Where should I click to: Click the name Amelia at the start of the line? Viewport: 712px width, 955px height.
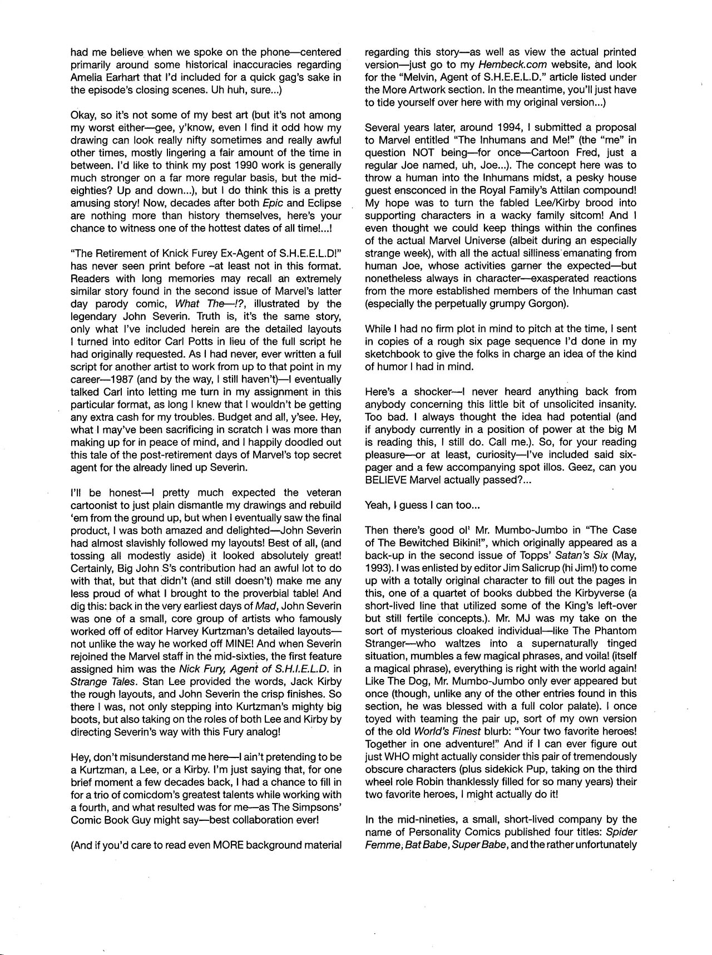tap(85, 77)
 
